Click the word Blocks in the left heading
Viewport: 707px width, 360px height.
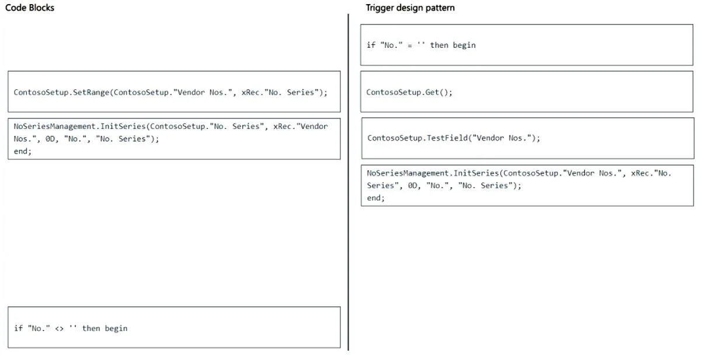click(41, 8)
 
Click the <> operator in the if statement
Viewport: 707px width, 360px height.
click(59, 328)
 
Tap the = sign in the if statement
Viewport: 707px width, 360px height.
click(410, 46)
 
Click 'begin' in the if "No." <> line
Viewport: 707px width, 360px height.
click(116, 328)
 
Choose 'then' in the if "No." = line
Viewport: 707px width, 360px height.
click(439, 45)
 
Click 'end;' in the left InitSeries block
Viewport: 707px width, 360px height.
click(22, 151)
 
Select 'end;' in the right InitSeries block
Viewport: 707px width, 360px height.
click(375, 198)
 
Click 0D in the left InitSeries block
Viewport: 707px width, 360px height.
click(50, 139)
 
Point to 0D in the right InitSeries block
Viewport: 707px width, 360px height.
click(413, 186)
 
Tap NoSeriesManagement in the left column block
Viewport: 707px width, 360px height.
click(54, 126)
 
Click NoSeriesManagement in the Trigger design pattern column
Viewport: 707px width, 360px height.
click(408, 173)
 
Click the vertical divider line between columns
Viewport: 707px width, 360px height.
click(348, 182)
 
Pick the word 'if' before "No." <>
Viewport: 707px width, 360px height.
click(18, 328)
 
